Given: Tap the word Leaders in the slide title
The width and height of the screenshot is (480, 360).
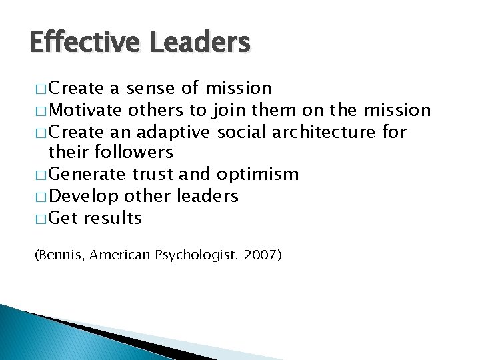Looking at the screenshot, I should pos(199,43).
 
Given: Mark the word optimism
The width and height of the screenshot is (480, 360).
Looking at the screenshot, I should pos(257,175).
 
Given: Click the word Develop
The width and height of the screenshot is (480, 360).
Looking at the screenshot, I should pos(84,197).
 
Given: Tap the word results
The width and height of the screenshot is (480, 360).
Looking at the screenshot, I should pos(113,218).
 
